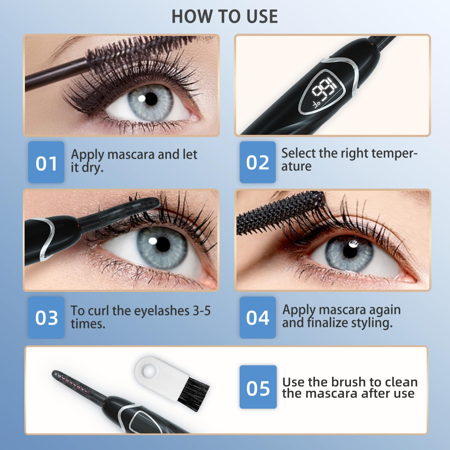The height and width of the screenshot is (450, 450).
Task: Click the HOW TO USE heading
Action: [225, 16]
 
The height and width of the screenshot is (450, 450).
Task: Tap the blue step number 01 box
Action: [46, 162]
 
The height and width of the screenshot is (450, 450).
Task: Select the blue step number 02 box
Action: [258, 162]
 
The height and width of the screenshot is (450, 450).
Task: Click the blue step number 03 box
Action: [46, 317]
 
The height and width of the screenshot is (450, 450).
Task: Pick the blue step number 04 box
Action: [258, 317]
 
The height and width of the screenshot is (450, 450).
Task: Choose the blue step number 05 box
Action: [258, 387]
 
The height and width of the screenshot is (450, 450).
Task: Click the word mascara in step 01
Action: [131, 155]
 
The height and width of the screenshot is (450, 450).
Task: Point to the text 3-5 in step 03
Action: [201, 311]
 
